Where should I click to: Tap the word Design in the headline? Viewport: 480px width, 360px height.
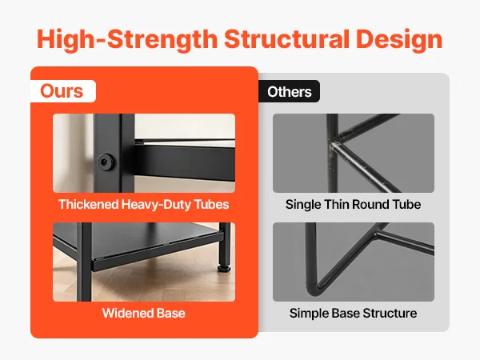pyautogui.click(x=399, y=40)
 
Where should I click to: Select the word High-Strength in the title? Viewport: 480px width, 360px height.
pyautogui.click(x=127, y=40)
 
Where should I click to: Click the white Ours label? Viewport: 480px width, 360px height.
pyautogui.click(x=63, y=91)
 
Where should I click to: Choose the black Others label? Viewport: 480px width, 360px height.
pyautogui.click(x=290, y=91)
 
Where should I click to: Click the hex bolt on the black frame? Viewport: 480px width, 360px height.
pyautogui.click(x=106, y=162)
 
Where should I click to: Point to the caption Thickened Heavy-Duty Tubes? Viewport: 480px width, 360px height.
pyautogui.click(x=143, y=204)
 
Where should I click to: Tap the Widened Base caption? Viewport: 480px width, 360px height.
pyautogui.click(x=143, y=313)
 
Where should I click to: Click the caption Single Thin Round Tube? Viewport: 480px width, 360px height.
pyautogui.click(x=353, y=204)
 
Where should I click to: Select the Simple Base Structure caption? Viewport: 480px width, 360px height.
pyautogui.click(x=353, y=313)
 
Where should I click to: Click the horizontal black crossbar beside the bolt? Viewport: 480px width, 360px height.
pyautogui.click(x=185, y=161)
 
